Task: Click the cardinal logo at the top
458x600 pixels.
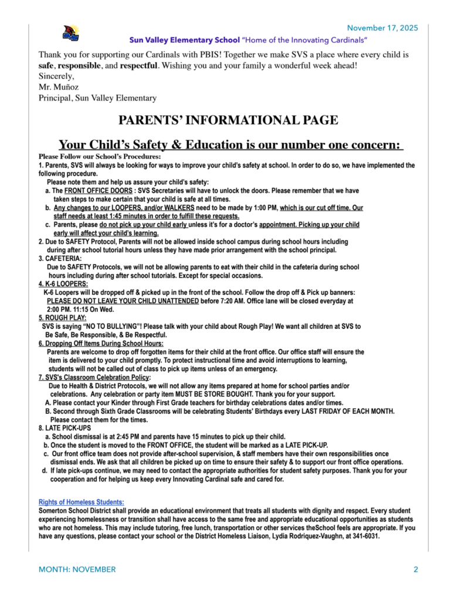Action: (x=71, y=34)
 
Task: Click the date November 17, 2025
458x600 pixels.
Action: (x=382, y=28)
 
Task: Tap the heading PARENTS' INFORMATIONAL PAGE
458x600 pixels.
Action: (x=228, y=121)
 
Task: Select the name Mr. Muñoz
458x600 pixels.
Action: (x=59, y=87)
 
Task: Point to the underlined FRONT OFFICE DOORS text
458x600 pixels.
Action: (x=91, y=191)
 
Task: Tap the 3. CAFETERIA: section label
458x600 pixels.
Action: (x=60, y=258)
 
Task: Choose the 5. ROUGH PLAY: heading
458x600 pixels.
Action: (x=62, y=318)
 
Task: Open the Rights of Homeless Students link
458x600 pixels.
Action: (x=82, y=502)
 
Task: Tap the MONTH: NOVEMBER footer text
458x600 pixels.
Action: (x=77, y=570)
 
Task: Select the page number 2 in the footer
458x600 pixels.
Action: (x=415, y=570)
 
